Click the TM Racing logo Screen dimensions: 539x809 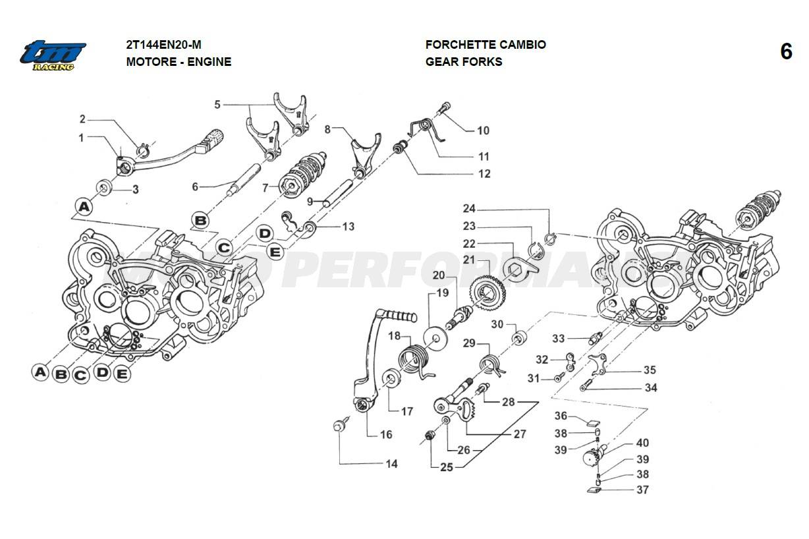[x=53, y=55]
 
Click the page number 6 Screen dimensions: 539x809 [x=786, y=51]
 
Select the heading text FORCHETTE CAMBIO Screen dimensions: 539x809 [x=486, y=45]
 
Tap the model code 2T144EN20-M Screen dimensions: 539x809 [x=163, y=45]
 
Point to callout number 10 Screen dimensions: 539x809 [x=483, y=130]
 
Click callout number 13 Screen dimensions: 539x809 [x=348, y=227]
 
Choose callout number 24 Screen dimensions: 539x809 [x=468, y=209]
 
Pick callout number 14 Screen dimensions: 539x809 [x=391, y=464]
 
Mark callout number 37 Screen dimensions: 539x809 [x=642, y=490]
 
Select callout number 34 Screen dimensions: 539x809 [x=650, y=388]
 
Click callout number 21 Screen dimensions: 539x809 [x=468, y=260]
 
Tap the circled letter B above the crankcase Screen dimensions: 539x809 [x=200, y=220]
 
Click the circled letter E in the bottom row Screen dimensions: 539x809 [x=121, y=374]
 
